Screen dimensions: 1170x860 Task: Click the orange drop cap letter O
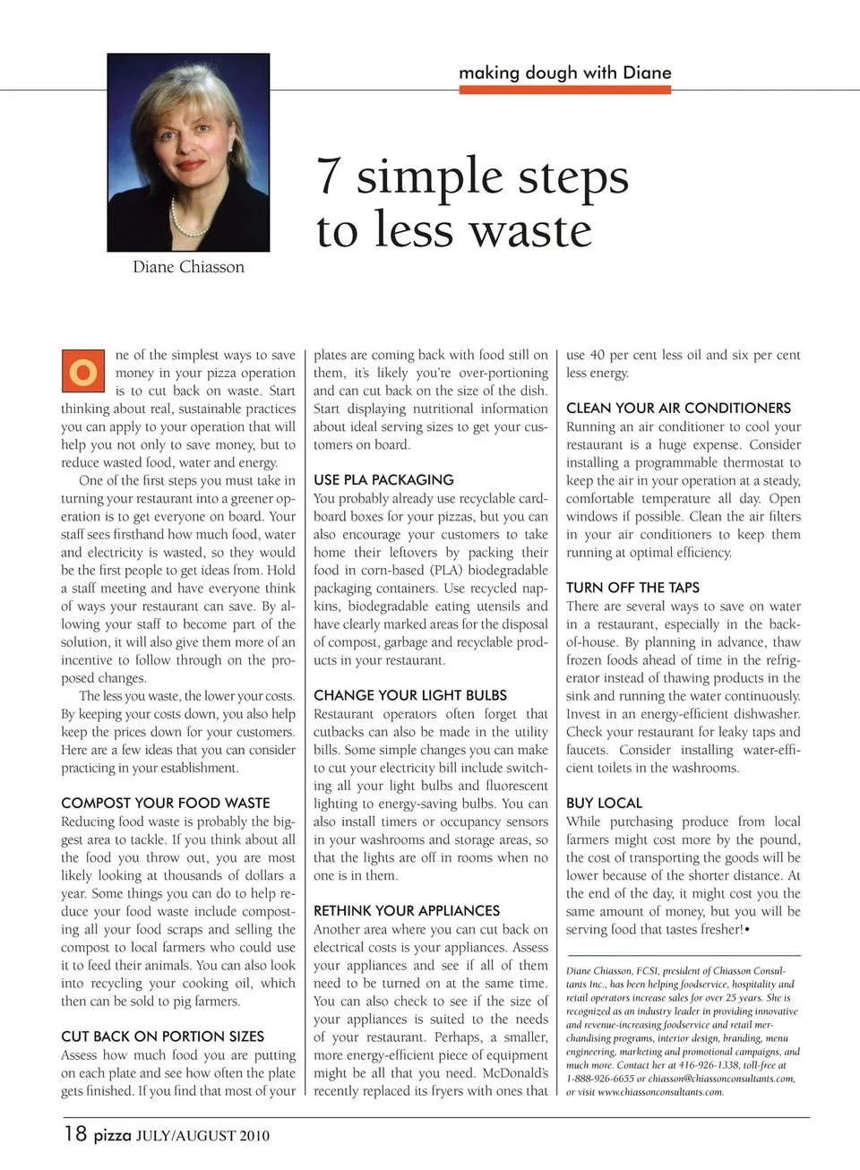83,372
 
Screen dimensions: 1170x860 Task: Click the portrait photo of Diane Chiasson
188,152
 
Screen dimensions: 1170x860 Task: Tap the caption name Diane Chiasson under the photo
188,267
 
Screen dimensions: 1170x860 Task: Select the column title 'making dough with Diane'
564,73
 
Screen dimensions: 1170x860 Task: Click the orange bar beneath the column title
564,90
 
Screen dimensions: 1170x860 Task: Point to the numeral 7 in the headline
330,176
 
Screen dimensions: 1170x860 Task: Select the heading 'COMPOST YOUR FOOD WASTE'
165,803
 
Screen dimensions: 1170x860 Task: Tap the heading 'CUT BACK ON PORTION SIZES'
162,1037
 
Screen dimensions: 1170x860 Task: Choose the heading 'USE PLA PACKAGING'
383,479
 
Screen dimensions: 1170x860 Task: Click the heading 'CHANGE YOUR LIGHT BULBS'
410,695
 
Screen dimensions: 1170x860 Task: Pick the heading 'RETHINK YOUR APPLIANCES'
407,910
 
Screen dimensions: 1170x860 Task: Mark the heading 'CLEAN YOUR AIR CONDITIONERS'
678,408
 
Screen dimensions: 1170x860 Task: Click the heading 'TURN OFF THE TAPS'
632,588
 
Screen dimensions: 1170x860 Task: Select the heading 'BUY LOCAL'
604,803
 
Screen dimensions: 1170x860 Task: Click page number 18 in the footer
75,1134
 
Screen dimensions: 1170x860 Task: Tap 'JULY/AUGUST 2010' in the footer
202,1136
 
